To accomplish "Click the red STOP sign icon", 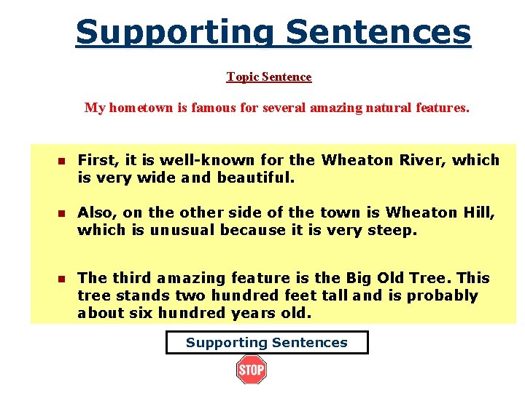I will click(x=252, y=370).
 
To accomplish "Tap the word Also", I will click(x=97, y=213).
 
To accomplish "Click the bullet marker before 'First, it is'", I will click(x=62, y=161).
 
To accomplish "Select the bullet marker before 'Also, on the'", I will click(x=62, y=213).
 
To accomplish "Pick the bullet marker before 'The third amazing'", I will click(x=62, y=279).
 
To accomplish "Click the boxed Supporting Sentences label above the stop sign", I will click(x=267, y=342).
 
